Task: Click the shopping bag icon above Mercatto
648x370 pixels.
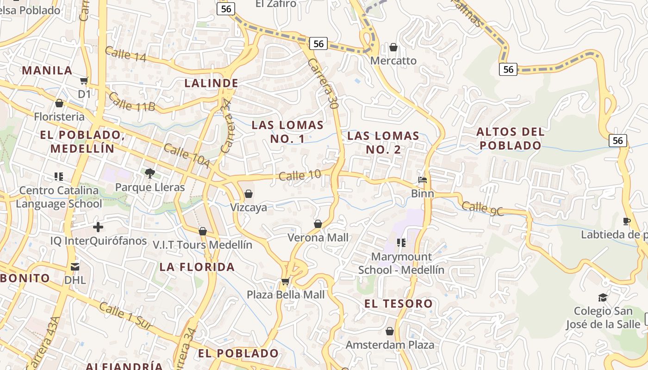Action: (x=393, y=47)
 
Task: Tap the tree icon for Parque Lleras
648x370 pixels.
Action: (x=150, y=173)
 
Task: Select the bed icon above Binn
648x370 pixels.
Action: (x=422, y=180)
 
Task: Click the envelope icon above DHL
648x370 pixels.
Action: (x=75, y=267)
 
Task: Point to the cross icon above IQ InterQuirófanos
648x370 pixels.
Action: (x=98, y=227)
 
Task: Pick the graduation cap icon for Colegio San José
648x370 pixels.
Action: (x=603, y=297)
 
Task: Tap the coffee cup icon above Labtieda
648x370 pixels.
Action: (x=627, y=221)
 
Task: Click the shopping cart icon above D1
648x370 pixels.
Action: (x=84, y=81)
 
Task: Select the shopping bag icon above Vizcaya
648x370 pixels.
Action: (x=249, y=193)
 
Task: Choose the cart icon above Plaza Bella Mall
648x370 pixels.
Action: (x=285, y=281)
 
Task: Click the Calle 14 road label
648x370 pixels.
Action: (x=125, y=54)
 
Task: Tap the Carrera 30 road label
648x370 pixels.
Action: (x=323, y=84)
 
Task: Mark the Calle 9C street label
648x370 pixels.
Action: (x=483, y=208)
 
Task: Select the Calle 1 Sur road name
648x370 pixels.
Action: (x=125, y=316)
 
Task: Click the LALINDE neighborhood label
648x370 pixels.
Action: (x=212, y=83)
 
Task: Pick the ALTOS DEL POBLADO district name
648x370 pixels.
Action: (x=511, y=138)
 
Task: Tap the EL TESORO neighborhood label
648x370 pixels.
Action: (x=399, y=304)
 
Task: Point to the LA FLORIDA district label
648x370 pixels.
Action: (x=197, y=267)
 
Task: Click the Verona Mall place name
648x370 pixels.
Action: (x=318, y=238)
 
